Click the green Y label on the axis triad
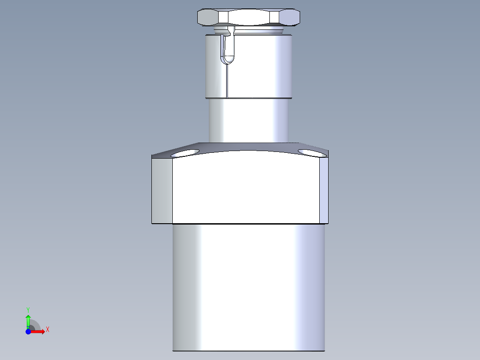click(28, 309)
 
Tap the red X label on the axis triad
click(47, 330)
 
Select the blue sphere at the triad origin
click(28, 331)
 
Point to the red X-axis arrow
click(39, 331)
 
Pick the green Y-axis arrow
click(28, 320)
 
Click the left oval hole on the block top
click(185, 153)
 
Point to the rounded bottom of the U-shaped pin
click(229, 58)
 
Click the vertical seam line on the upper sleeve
click(227, 80)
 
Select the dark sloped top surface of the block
click(249, 147)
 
